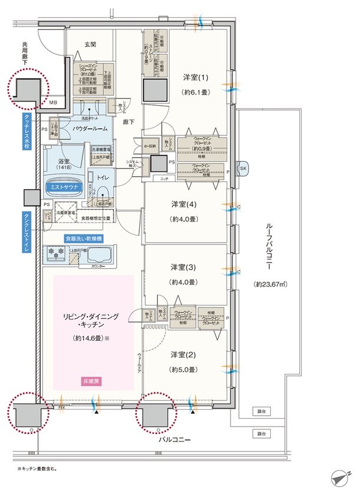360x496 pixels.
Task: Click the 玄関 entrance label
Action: [x=90, y=44]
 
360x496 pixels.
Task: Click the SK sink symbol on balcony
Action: [x=243, y=168]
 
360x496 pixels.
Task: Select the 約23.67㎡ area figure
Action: [x=270, y=284]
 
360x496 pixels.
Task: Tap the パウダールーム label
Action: [x=90, y=128]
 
